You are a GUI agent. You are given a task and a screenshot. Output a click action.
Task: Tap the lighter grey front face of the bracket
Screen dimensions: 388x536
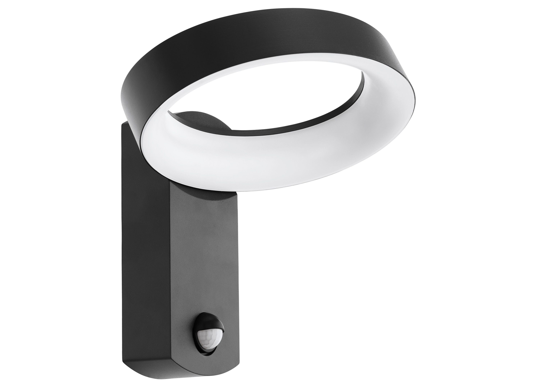pos(203,254)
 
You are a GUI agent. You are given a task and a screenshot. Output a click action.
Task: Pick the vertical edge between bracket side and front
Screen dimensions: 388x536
pos(169,269)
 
